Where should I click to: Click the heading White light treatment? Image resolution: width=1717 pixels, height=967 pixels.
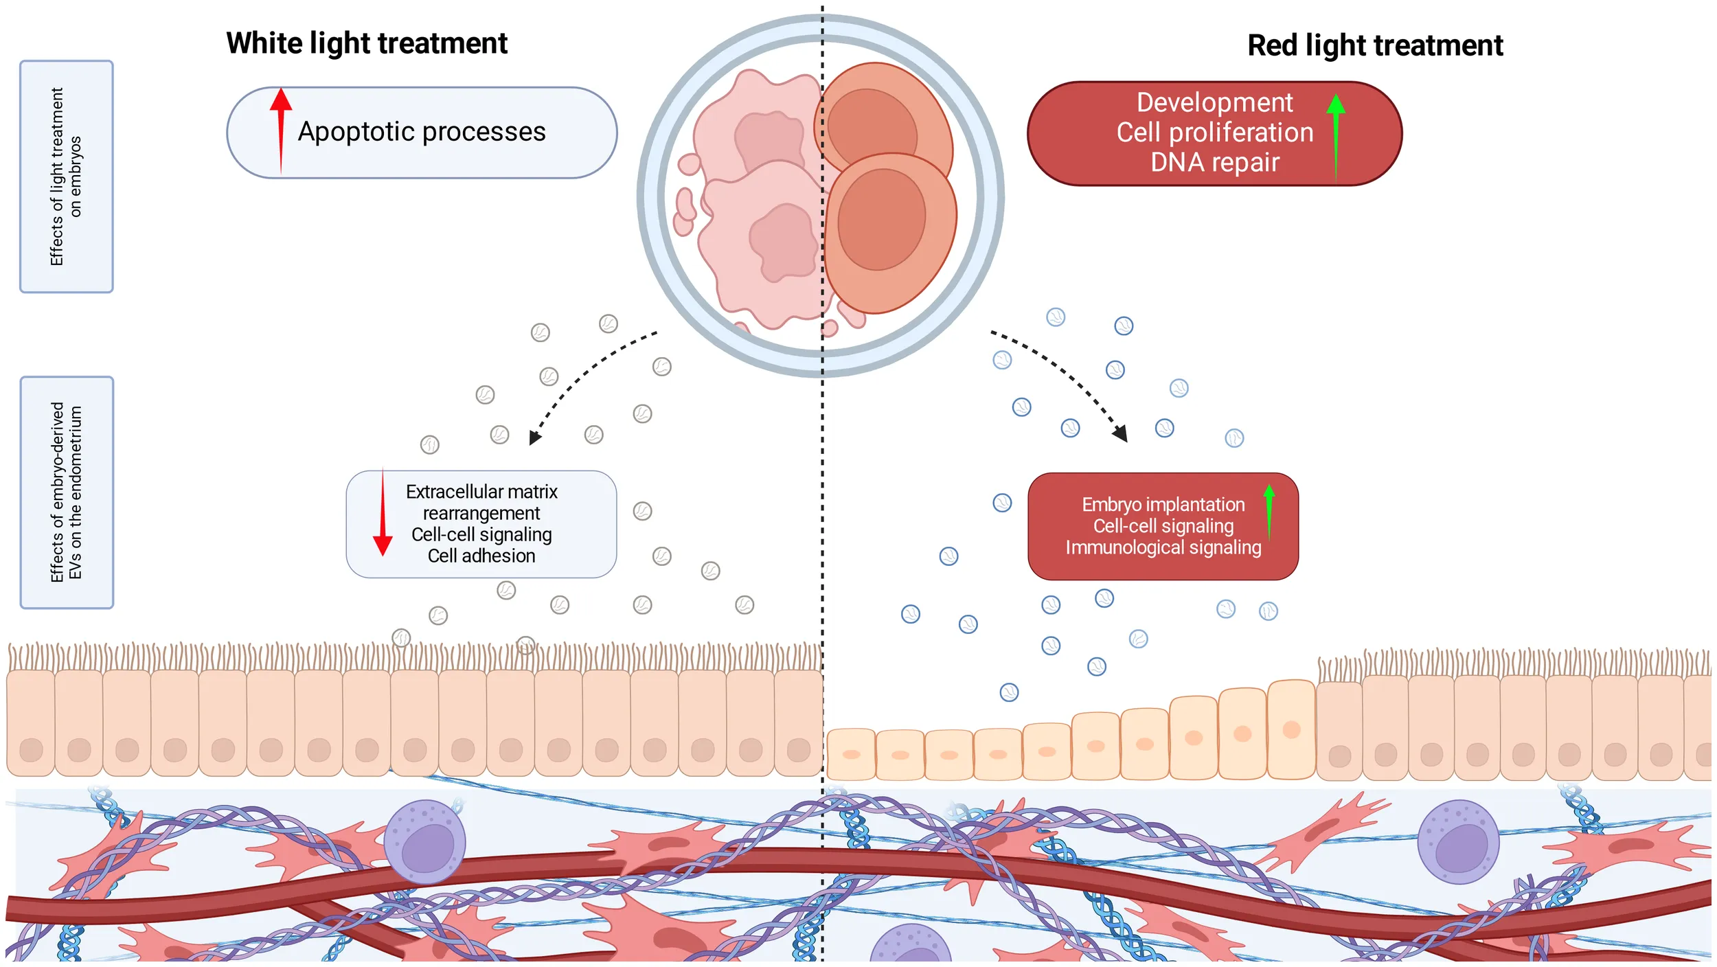click(x=367, y=43)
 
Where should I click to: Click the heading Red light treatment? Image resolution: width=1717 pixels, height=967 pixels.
click(x=1375, y=45)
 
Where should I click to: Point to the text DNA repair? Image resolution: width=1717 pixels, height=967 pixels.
click(x=1214, y=163)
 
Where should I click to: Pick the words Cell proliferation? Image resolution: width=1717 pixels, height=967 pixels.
click(x=1214, y=133)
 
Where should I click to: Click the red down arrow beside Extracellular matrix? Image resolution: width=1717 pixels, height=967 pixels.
click(x=383, y=515)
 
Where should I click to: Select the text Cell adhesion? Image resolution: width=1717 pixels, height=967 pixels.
click(x=481, y=556)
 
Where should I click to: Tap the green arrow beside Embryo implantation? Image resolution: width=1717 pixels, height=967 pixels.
click(x=1269, y=512)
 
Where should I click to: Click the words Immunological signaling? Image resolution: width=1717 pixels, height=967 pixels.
click(x=1163, y=547)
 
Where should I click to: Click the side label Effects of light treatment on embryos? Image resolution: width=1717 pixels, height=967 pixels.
click(x=66, y=177)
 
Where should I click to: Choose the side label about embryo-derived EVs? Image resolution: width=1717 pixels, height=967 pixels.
click(x=66, y=492)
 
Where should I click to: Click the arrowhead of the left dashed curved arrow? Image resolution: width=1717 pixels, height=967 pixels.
click(x=535, y=438)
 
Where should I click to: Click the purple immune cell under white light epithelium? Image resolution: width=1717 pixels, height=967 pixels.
click(x=424, y=841)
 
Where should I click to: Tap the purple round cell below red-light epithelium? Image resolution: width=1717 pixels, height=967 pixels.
click(x=1457, y=841)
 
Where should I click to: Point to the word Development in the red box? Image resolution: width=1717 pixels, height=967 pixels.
click(x=1214, y=102)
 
